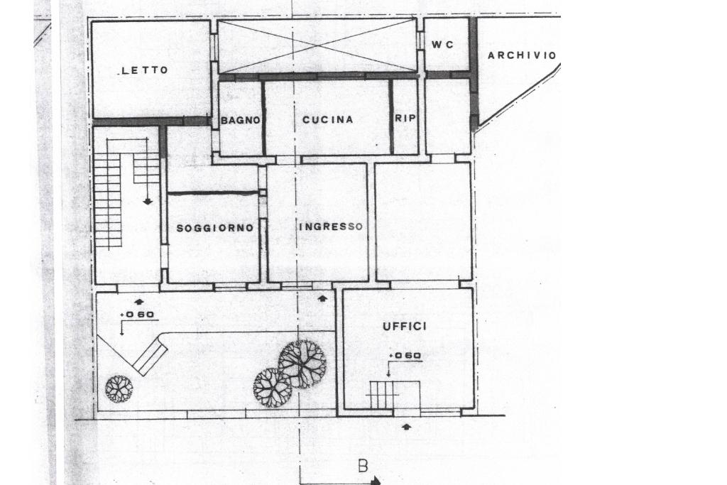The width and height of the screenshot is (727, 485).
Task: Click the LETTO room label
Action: click(x=145, y=70)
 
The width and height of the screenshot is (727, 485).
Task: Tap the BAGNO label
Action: click(x=241, y=121)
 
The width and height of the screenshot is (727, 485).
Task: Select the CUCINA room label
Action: click(x=327, y=120)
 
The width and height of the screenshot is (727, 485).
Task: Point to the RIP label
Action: click(x=405, y=119)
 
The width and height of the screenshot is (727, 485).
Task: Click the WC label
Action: click(x=442, y=45)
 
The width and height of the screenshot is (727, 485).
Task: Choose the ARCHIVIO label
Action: click(x=521, y=55)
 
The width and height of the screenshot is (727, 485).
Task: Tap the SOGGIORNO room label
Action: click(x=214, y=228)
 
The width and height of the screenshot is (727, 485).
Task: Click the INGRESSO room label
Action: click(x=331, y=227)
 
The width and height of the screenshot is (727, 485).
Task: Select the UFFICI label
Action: click(x=405, y=326)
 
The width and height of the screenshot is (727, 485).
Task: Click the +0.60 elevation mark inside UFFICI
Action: click(x=405, y=356)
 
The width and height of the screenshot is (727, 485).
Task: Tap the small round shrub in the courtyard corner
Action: click(x=119, y=388)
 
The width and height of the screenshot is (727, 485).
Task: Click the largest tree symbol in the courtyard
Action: click(x=302, y=363)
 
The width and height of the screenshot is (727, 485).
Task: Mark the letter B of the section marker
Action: click(x=363, y=466)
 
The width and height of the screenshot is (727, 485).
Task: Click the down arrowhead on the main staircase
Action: click(x=148, y=202)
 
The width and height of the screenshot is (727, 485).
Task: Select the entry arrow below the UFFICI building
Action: click(x=406, y=426)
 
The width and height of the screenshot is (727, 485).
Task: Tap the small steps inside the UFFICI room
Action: click(x=384, y=394)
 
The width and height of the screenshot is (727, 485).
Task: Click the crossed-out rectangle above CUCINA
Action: click(x=317, y=45)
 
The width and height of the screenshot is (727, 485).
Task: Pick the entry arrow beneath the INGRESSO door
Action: click(x=323, y=299)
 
